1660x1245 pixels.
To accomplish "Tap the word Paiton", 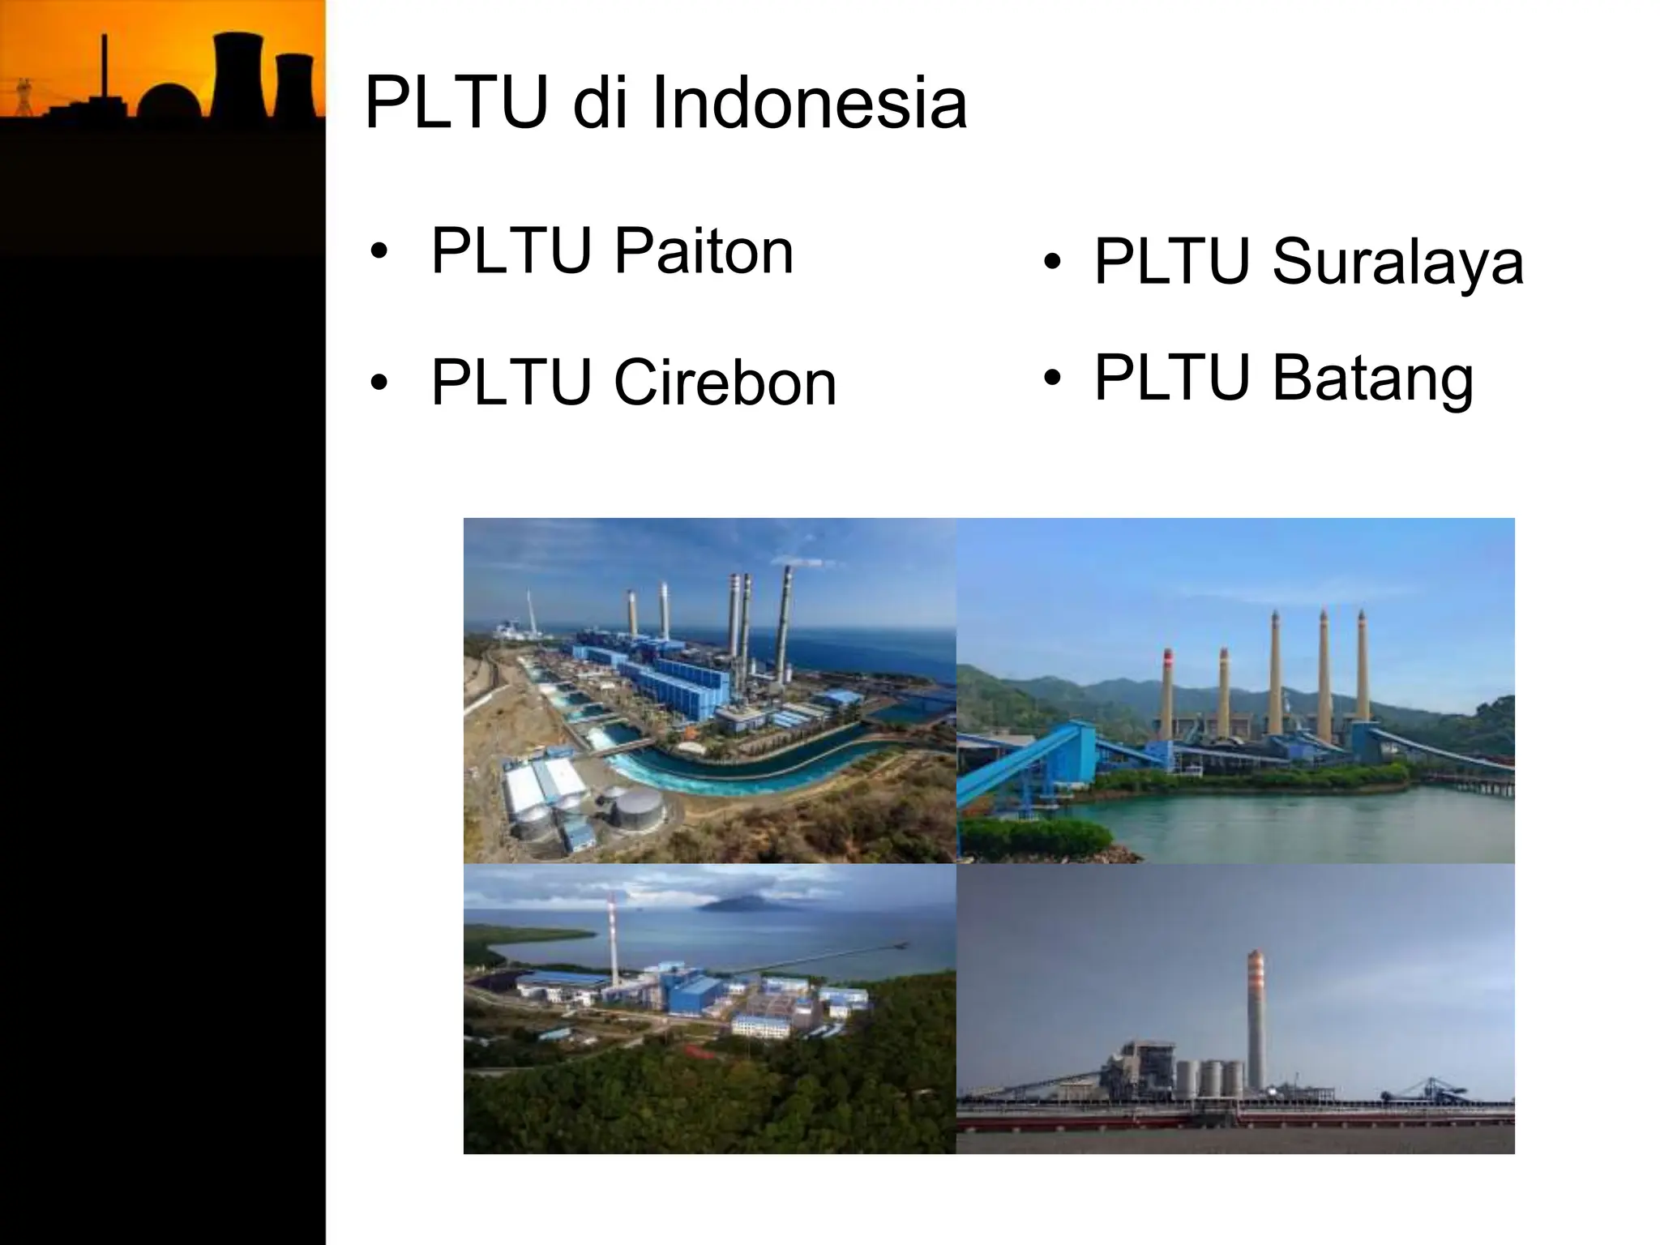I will (703, 251).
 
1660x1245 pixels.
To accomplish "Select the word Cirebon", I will (725, 383).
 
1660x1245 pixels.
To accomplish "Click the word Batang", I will (1373, 378).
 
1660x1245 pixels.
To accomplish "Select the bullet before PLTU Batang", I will (1052, 379).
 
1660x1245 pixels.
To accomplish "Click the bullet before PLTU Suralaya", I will (1052, 263).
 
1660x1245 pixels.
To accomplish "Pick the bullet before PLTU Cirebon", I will (378, 383).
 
